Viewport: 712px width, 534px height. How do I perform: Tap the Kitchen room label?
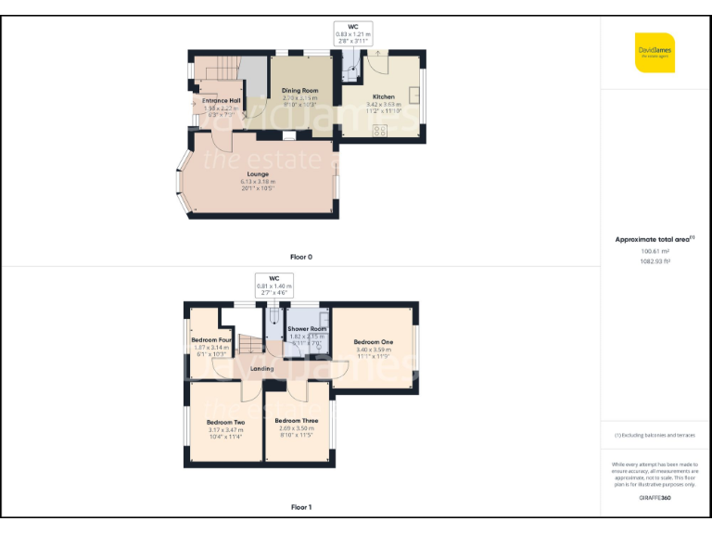coord(384,96)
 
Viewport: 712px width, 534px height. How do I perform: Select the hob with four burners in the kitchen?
coord(379,131)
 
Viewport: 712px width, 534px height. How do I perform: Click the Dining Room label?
coord(299,90)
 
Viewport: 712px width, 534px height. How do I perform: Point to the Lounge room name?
coord(258,173)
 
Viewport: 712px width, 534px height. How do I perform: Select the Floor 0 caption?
coord(300,256)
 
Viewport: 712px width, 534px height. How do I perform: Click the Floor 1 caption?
coord(300,507)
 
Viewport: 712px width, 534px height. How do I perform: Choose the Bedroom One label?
coord(373,342)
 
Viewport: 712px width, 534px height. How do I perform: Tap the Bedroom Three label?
coord(298,421)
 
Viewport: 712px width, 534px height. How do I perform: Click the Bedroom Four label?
coord(210,340)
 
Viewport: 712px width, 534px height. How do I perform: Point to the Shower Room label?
coord(306,329)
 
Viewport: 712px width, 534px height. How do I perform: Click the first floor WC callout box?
coord(273,285)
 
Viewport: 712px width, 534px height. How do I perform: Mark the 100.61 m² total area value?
coord(655,250)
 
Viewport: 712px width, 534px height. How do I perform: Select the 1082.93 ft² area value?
coord(655,261)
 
